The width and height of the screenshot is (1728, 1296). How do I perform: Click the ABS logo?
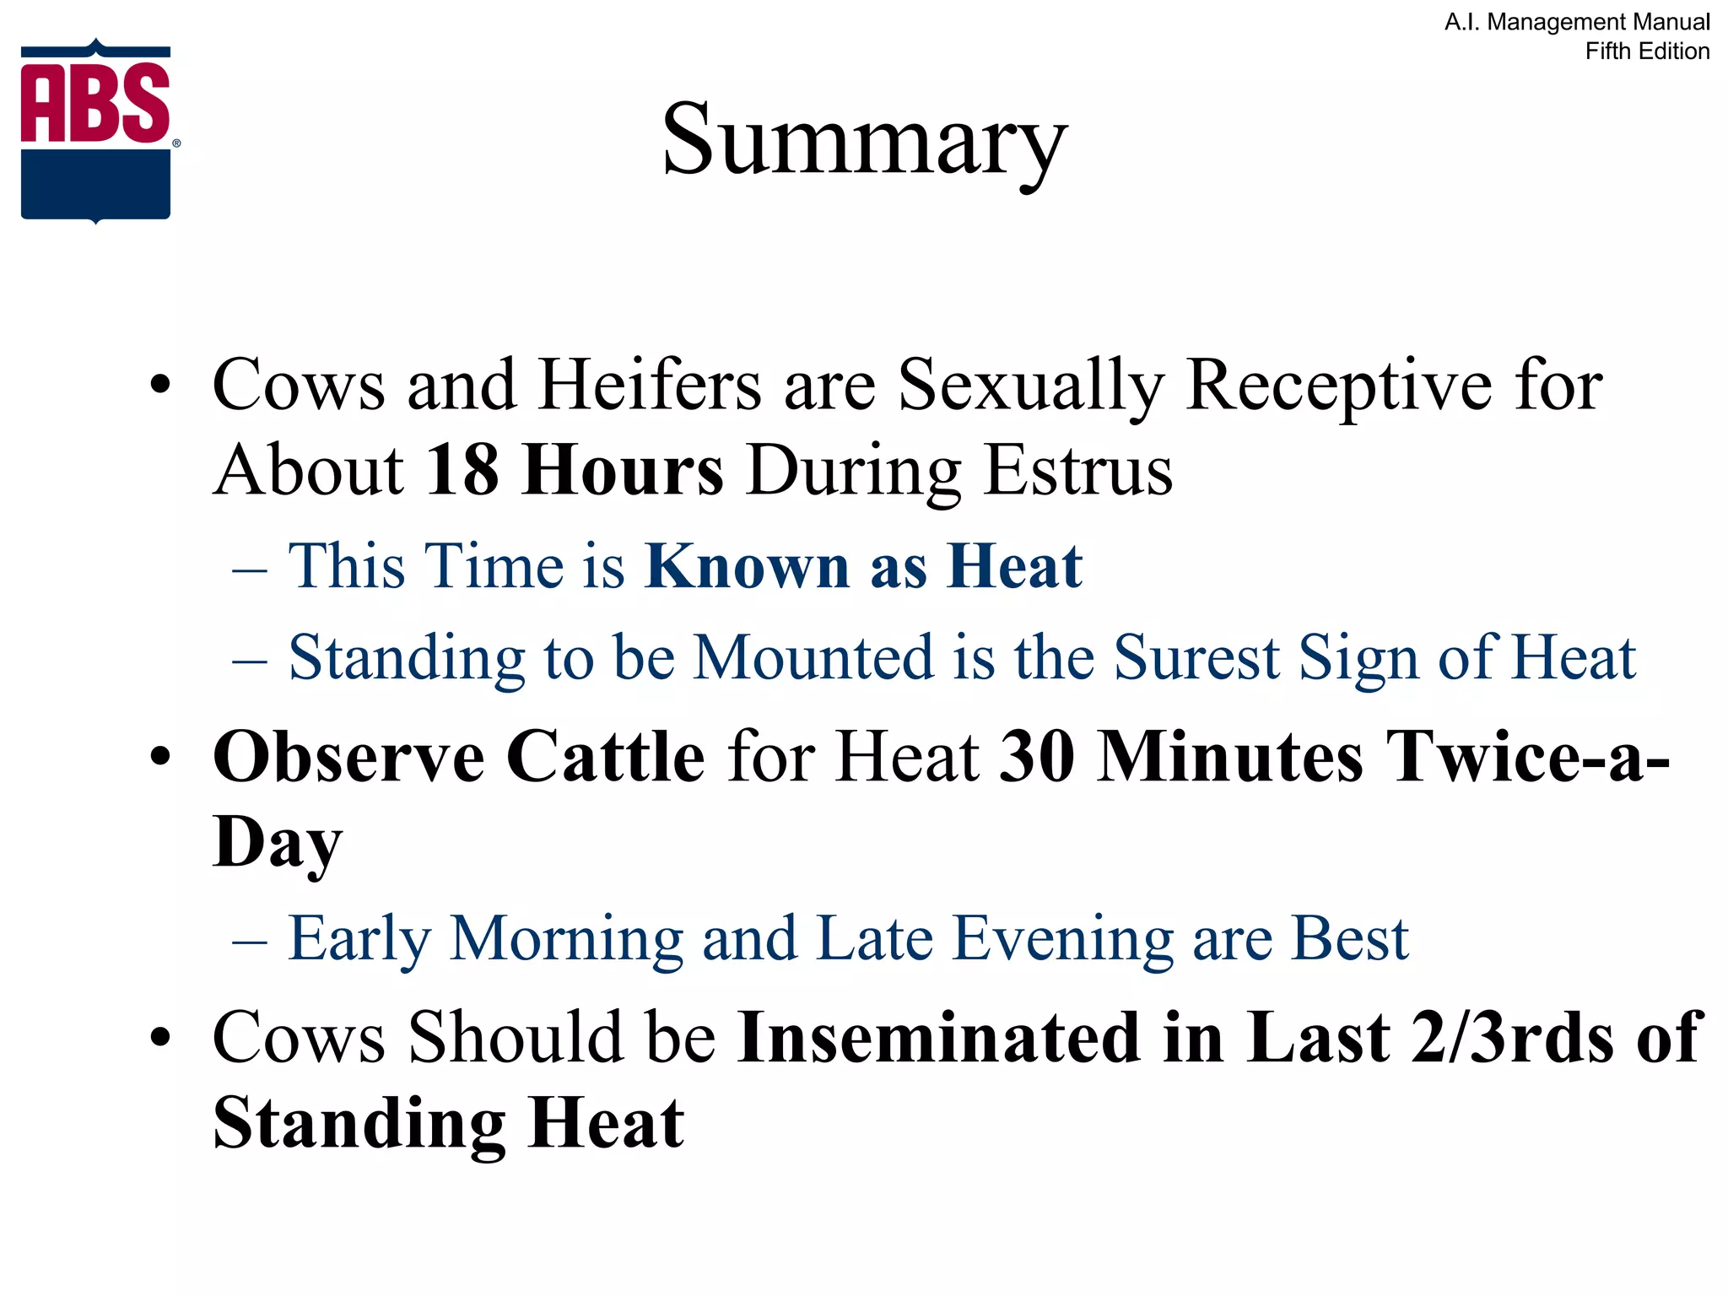96,131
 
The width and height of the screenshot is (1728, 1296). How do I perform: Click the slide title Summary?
864,139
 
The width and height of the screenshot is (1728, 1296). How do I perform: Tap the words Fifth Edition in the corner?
1647,51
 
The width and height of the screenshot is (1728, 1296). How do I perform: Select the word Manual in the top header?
1668,22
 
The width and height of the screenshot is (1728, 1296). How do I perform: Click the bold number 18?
462,470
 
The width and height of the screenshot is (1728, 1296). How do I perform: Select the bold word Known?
748,565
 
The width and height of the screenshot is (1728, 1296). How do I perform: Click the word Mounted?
813,657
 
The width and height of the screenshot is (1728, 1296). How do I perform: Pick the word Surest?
1196,657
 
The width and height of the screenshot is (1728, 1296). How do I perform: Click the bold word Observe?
348,757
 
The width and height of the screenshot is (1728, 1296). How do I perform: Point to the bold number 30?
1037,757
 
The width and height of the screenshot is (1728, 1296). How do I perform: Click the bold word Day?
277,842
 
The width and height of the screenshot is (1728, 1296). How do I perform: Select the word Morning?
566,938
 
